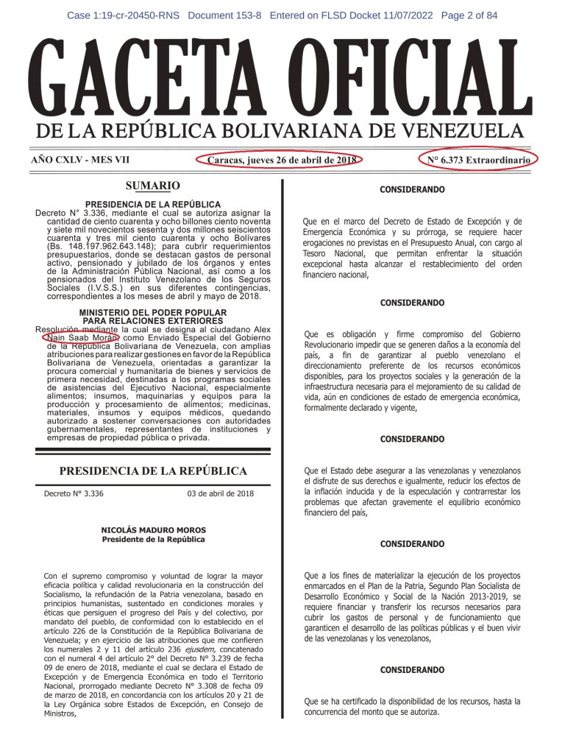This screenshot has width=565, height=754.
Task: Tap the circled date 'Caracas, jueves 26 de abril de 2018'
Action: [x=282, y=161]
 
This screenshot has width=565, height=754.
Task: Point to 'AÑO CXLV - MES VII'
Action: [x=77, y=161]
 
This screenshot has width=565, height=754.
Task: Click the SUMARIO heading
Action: [x=152, y=186]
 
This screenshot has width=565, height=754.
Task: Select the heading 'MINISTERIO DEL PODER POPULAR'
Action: [x=152, y=313]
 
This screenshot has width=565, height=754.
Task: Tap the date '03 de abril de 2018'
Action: [x=221, y=493]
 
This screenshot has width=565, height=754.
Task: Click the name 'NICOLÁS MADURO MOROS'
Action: [x=154, y=530]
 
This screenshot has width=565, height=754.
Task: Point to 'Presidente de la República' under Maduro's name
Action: [x=154, y=540]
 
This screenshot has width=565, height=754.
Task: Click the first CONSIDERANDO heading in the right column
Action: [x=412, y=190]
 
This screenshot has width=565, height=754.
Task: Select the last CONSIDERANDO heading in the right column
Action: [x=412, y=670]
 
